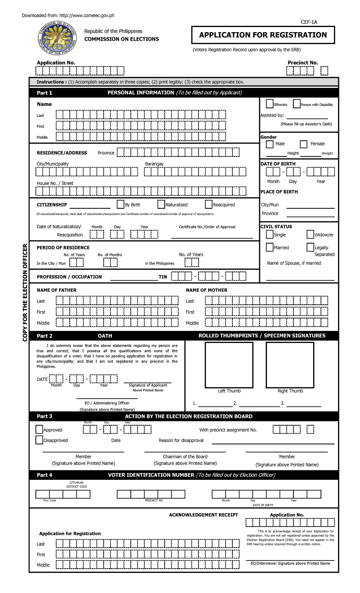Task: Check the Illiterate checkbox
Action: point(270,104)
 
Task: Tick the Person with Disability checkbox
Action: point(297,104)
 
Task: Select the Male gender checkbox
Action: point(270,144)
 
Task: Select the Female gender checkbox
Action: point(304,144)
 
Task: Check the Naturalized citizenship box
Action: point(161,204)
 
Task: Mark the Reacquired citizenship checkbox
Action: point(208,204)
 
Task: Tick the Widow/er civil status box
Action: point(310,234)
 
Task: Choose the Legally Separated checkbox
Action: point(310,247)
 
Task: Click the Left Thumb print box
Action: point(229,365)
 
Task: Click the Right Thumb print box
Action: point(290,365)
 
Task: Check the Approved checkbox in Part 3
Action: point(39,429)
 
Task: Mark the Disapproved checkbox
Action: point(39,440)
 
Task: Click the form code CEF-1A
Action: point(309,22)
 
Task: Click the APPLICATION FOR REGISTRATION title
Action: point(263,35)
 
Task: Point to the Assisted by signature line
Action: point(307,118)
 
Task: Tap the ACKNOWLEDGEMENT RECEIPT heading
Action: point(203,515)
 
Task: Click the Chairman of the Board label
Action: point(185,456)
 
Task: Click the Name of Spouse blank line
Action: point(300,279)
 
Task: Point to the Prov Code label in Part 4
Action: point(49,500)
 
